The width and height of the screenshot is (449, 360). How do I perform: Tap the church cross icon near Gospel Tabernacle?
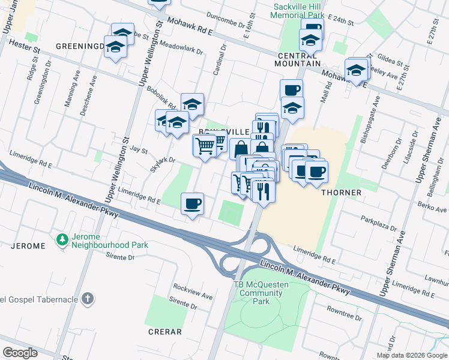point(88,299)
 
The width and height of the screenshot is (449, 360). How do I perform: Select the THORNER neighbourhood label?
point(341,193)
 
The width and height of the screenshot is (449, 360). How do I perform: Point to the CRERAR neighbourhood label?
point(164,331)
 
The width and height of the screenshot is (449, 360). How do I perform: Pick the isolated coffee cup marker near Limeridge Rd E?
point(192,203)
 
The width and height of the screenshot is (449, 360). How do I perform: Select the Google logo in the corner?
point(20,353)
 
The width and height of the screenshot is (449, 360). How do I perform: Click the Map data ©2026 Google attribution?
point(412,355)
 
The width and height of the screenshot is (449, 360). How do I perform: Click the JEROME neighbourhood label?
point(28,246)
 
